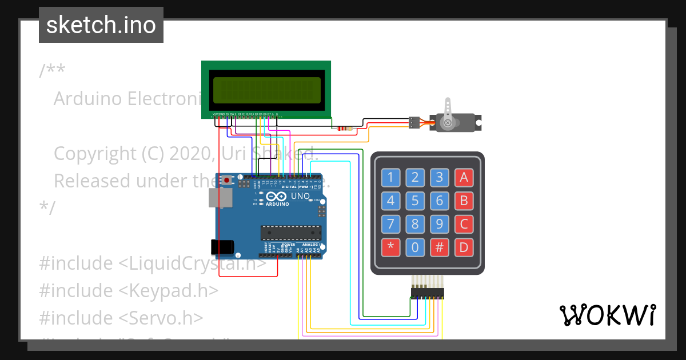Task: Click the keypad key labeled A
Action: (464, 177)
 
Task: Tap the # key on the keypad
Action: (440, 248)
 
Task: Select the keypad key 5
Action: (415, 201)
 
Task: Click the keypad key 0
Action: (415, 248)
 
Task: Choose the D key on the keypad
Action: (464, 248)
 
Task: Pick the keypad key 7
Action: (390, 224)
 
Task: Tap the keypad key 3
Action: (440, 177)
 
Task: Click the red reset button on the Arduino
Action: (227, 181)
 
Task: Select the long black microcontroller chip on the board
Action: (291, 232)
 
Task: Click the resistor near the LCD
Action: (342, 128)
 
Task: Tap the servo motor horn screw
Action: (448, 122)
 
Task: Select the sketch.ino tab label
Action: (101, 25)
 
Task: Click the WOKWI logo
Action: (607, 315)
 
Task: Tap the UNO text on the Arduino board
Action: (300, 197)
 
